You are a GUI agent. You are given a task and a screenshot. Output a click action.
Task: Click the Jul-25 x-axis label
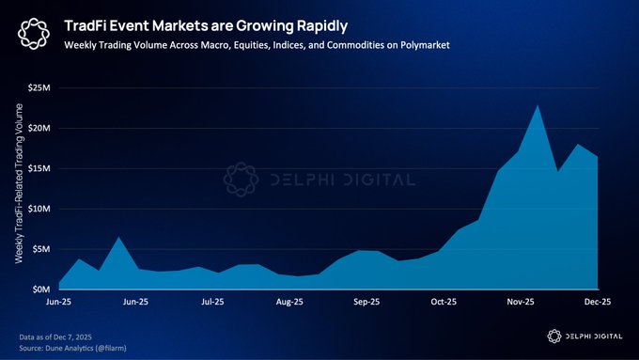212,303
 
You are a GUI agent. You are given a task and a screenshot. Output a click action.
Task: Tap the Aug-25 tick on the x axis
289,303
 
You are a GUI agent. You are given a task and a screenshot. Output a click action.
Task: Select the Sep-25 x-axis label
366,303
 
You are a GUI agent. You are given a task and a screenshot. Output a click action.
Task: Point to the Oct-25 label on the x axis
444,303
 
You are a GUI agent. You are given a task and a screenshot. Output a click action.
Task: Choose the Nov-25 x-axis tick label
521,303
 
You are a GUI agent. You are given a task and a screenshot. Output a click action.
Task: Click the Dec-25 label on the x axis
598,303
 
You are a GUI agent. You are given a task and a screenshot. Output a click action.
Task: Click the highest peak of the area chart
537,105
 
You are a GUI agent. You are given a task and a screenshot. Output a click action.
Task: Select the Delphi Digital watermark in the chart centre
319,180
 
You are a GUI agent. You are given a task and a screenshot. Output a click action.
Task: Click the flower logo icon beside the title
34,35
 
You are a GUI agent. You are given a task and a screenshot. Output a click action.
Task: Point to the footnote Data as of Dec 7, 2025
58,335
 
